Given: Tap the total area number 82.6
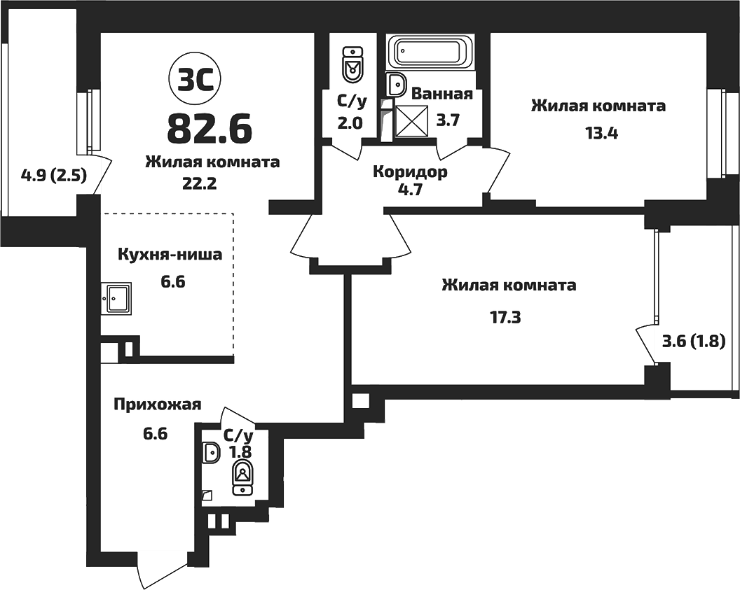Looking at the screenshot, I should click(210, 127).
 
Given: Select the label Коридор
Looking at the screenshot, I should click(410, 172).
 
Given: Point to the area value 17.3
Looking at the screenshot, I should click(505, 317).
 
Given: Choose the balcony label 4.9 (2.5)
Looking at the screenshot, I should click(53, 176).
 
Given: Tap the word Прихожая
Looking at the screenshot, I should click(158, 404).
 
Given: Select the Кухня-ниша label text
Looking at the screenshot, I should click(170, 255).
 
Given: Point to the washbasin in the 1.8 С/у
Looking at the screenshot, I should click(211, 454).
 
